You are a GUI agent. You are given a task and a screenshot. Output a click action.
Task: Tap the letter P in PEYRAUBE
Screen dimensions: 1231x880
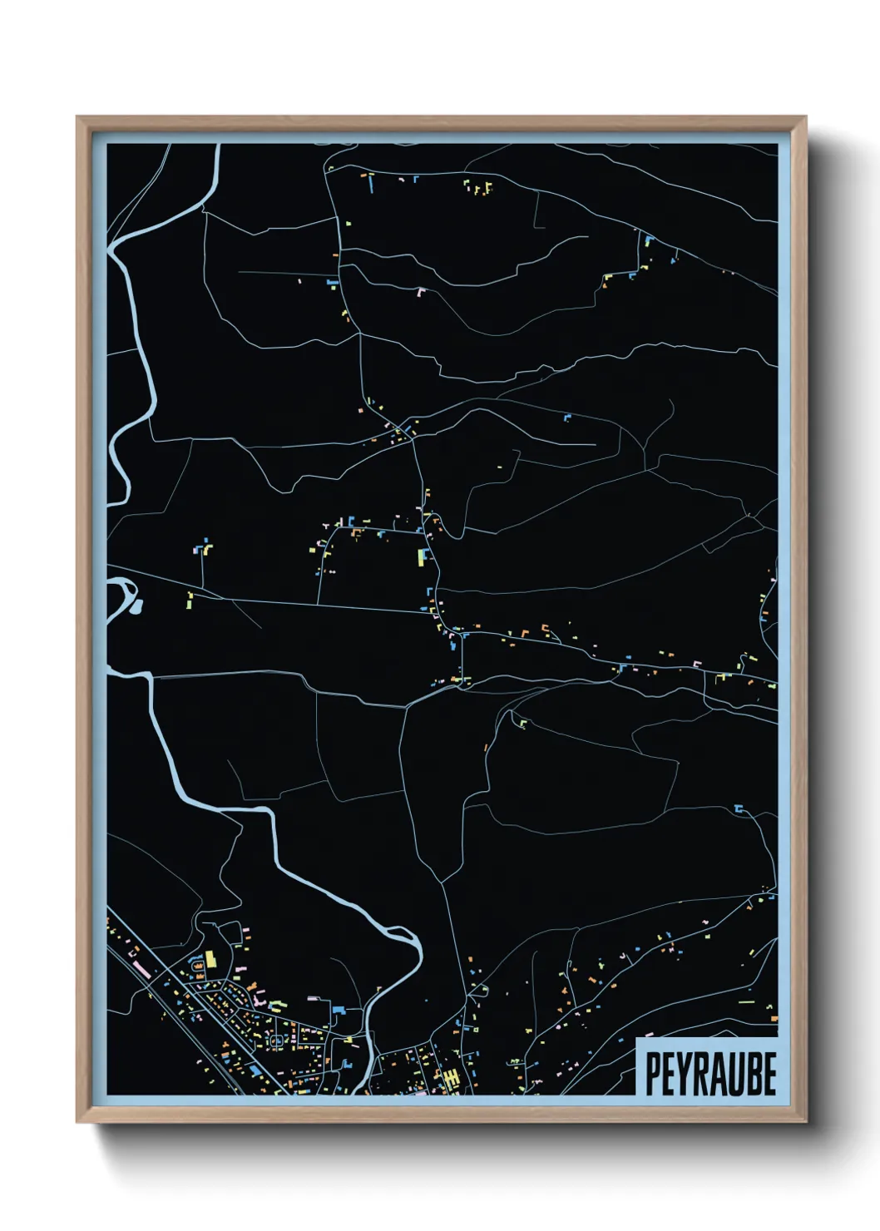click(x=653, y=1074)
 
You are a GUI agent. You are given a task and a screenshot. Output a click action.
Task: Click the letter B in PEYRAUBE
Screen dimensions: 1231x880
click(x=754, y=1074)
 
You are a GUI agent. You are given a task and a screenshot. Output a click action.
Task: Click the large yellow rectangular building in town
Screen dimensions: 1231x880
click(x=210, y=958)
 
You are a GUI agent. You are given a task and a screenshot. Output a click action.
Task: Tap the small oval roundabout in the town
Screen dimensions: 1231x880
click(x=276, y=1040)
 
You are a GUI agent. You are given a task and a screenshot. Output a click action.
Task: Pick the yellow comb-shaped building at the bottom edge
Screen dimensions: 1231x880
click(x=452, y=1080)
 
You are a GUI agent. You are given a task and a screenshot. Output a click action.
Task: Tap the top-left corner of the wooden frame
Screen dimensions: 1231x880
click(x=77, y=117)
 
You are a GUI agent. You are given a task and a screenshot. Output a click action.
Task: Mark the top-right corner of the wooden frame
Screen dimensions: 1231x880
click(x=805, y=117)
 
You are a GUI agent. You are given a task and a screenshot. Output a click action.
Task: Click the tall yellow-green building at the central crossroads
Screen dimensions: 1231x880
click(x=422, y=556)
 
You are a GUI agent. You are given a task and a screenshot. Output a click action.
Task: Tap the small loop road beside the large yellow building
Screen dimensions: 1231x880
click(x=198, y=966)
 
